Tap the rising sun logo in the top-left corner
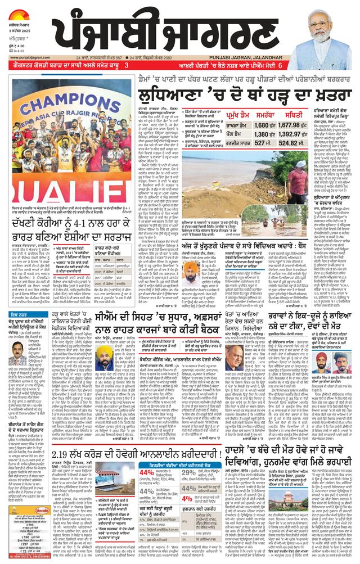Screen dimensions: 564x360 (x=24, y=12)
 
